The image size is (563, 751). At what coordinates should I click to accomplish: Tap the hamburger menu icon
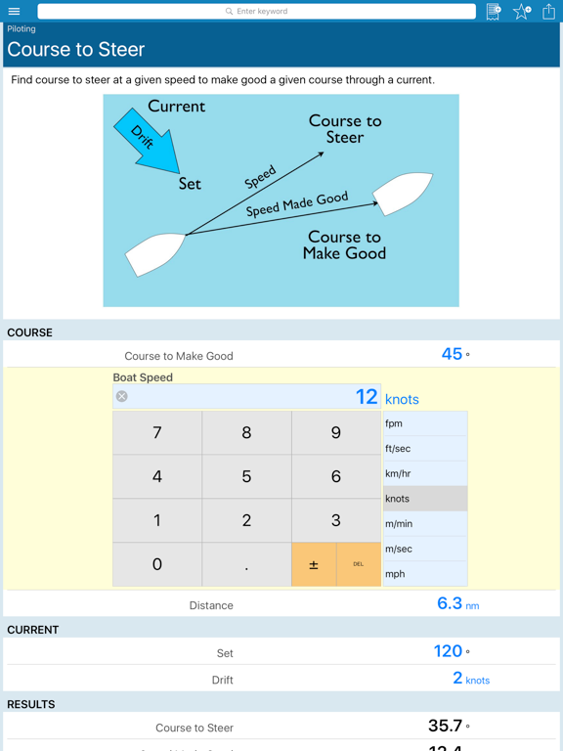[x=15, y=11]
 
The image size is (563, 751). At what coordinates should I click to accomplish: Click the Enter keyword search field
[x=257, y=11]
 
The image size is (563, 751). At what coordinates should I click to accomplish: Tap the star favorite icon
[x=522, y=11]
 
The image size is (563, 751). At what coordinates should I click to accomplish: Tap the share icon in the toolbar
[x=548, y=11]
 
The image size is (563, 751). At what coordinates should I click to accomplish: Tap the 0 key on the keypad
[x=157, y=564]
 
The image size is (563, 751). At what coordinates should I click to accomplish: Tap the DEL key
[x=359, y=564]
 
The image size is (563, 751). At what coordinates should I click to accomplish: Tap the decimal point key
[x=246, y=564]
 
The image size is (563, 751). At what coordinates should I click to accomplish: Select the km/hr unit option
[x=425, y=473]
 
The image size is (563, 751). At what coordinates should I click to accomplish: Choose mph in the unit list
[x=425, y=574]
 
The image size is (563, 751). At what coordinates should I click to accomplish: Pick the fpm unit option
[x=425, y=423]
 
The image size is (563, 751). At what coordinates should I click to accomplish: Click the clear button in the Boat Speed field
[x=122, y=396]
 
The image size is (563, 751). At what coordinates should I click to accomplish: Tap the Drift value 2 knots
[x=471, y=679]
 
